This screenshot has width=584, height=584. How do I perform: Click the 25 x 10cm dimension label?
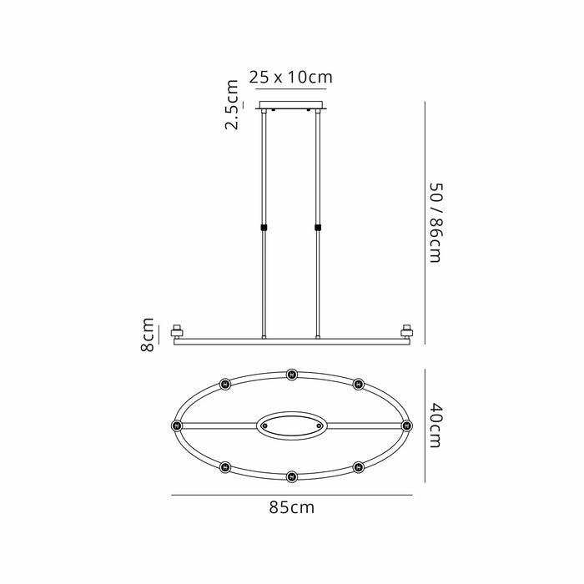[x=291, y=78]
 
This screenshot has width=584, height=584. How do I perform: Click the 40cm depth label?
[x=435, y=425]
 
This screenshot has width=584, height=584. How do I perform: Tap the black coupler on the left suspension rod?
[x=264, y=227]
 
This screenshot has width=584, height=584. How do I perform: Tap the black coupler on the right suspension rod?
[x=317, y=227]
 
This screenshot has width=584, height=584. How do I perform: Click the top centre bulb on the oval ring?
[x=291, y=375]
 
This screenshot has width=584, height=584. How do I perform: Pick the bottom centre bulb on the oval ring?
[x=291, y=476]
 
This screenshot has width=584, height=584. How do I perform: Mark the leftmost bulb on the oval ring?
[x=176, y=425]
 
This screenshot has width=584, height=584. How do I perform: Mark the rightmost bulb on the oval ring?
[x=407, y=425]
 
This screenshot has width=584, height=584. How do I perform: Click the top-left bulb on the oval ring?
[x=224, y=384]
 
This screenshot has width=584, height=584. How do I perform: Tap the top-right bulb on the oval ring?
[x=359, y=384]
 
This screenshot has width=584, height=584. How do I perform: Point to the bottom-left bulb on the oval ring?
[x=224, y=467]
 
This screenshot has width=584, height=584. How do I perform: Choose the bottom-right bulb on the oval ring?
[x=359, y=467]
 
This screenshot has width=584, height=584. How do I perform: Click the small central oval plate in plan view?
[x=291, y=425]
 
